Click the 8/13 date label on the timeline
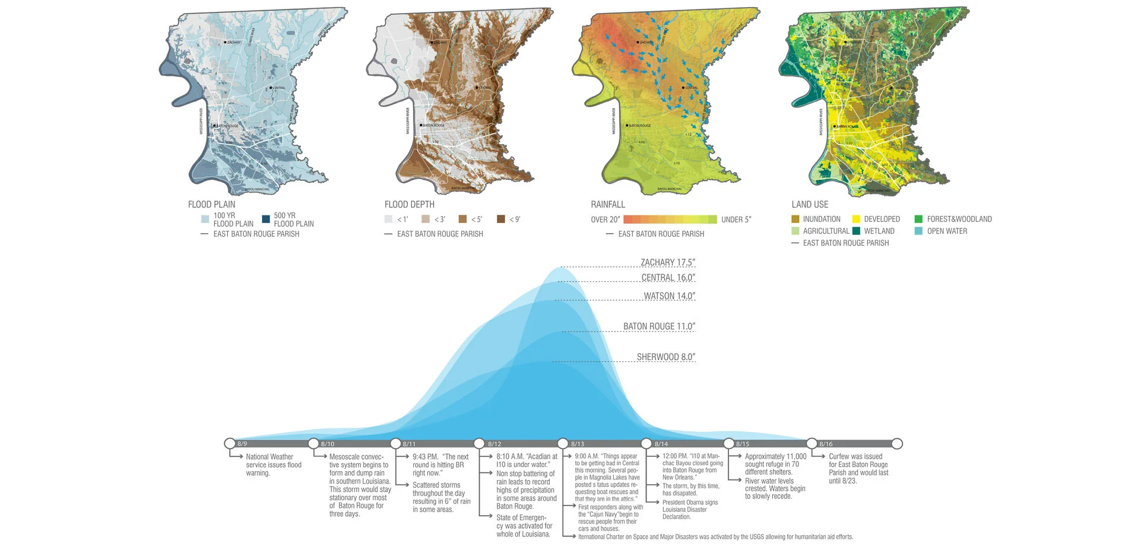pos(578,444)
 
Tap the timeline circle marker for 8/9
pos(230,443)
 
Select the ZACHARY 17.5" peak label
pos(667,262)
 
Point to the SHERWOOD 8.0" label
pos(666,357)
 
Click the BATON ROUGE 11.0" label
pos(658,326)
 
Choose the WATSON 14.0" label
pos(669,295)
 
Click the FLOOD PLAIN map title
pos(211,204)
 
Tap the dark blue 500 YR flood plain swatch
pos(266,219)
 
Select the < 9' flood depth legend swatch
pos(500,219)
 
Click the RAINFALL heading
pos(607,204)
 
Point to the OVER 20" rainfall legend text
pos(605,220)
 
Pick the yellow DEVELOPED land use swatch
pos(856,219)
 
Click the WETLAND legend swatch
pos(856,231)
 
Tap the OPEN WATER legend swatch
pos(918,231)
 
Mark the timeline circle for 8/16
pos(812,443)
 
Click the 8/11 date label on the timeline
pos(409,444)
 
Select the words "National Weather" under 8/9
pos(270,457)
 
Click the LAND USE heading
pos(810,204)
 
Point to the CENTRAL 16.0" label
pos(668,278)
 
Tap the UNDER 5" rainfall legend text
pos(736,220)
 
